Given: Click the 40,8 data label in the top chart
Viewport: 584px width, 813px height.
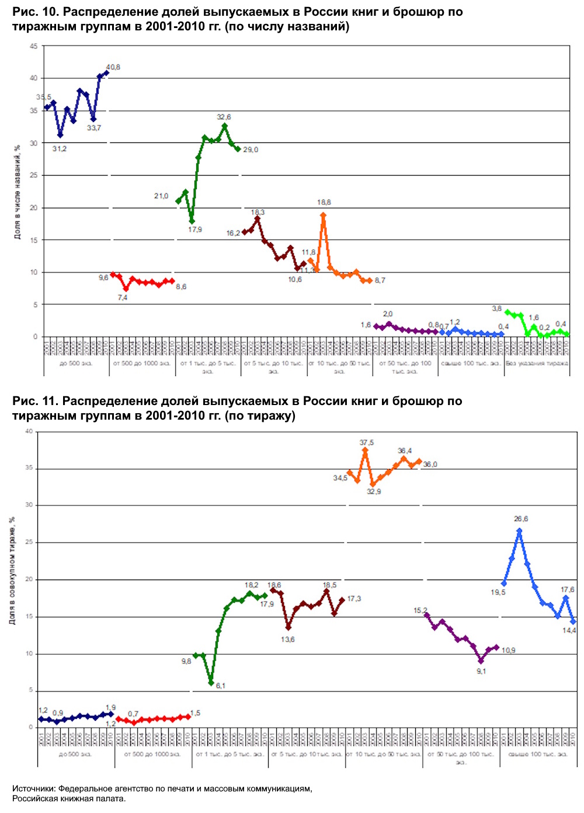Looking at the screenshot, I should (x=113, y=67).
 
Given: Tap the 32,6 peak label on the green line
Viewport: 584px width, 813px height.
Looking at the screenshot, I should (x=224, y=117).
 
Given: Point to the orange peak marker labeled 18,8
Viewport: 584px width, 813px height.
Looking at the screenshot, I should (x=323, y=215).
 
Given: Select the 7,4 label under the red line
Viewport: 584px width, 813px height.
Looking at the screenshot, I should (x=123, y=298).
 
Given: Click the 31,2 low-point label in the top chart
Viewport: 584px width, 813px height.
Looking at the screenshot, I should (x=60, y=149).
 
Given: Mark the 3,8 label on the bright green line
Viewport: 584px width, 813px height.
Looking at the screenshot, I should (x=496, y=309).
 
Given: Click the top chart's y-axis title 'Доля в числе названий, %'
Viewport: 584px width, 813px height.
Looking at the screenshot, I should (x=17, y=192).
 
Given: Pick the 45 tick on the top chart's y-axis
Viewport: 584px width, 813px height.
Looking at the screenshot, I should (x=33, y=47).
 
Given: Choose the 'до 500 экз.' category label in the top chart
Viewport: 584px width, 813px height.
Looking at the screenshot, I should (x=76, y=363).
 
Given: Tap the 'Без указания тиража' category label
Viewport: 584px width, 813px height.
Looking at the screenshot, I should (x=537, y=363).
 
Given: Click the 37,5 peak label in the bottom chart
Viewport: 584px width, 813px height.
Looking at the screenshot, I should (x=367, y=443).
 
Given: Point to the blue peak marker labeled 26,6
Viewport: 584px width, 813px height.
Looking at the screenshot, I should (x=519, y=531).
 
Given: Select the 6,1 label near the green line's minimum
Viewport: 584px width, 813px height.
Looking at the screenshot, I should (x=220, y=686).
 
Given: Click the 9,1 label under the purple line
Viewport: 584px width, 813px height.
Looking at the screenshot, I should (x=481, y=671).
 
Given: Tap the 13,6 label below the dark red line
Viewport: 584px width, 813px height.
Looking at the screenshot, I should (x=287, y=640).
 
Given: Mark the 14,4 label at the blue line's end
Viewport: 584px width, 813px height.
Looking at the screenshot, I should (x=569, y=630).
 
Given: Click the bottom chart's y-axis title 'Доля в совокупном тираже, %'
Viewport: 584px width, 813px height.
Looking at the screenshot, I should (x=12, y=571).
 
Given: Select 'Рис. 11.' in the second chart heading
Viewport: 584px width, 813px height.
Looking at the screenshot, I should (x=35, y=401).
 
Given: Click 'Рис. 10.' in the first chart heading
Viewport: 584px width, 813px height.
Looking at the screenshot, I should (x=35, y=12).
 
